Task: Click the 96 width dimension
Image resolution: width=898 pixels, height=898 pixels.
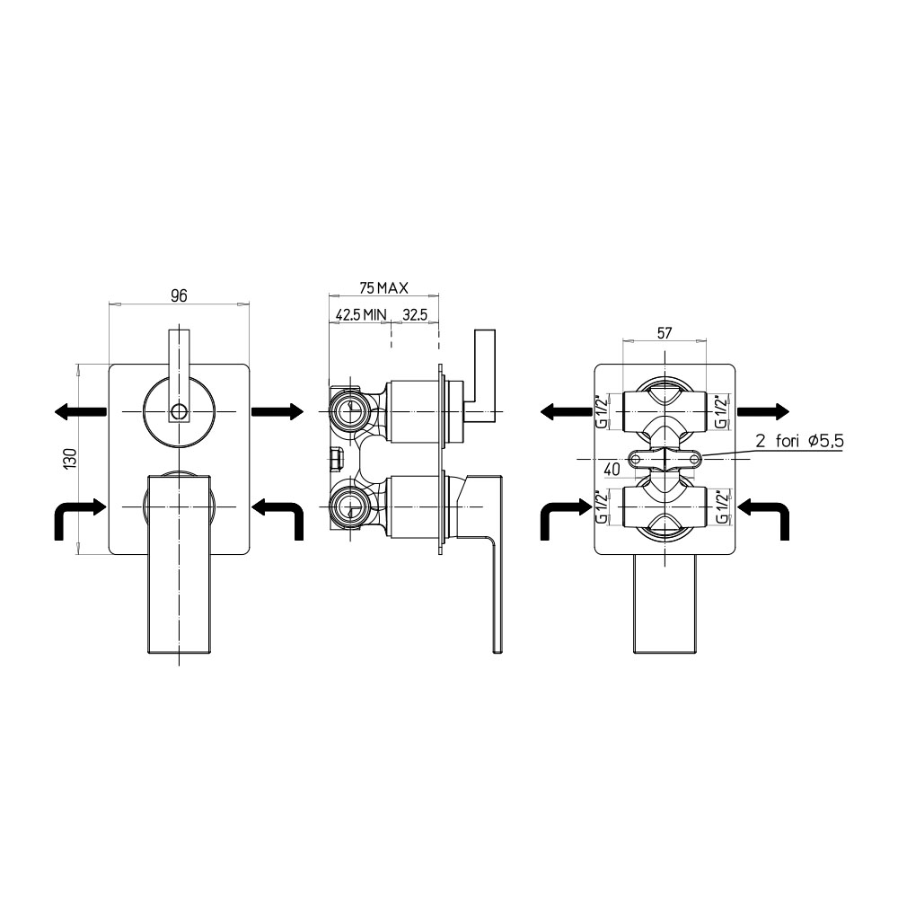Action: click(x=180, y=295)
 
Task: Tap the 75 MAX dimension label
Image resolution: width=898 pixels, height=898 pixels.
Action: click(x=383, y=288)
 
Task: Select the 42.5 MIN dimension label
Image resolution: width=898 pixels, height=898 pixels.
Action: click(x=361, y=315)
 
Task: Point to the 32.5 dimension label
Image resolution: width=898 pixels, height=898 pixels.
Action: click(x=415, y=315)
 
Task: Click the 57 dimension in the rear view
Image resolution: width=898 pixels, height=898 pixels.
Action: click(x=665, y=333)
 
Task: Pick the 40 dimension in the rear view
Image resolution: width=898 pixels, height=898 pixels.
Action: click(x=612, y=469)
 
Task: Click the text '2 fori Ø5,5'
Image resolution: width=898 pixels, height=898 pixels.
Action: click(x=799, y=441)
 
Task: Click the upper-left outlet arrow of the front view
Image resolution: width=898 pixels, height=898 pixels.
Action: click(x=80, y=411)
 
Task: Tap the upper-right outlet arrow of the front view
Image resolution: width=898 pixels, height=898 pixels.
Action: click(x=277, y=411)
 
